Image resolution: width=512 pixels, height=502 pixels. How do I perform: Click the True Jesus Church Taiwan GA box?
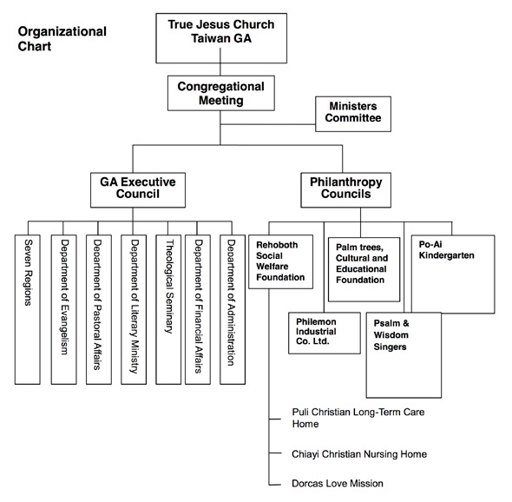click(x=221, y=38)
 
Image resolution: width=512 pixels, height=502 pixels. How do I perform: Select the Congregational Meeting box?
click(x=221, y=93)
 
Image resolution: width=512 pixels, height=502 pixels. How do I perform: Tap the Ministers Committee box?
click(x=353, y=114)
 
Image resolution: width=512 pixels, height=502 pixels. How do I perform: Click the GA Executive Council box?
click(x=138, y=190)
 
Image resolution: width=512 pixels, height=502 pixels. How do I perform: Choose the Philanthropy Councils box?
click(x=345, y=190)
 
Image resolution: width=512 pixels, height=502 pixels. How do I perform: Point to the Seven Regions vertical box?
click(x=28, y=309)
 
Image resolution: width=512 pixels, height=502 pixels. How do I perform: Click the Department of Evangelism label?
click(x=64, y=297)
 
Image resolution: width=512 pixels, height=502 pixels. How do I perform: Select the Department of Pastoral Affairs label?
click(x=97, y=305)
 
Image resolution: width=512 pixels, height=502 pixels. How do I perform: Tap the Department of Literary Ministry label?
click(x=135, y=307)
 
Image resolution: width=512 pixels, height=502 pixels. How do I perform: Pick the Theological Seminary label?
click(x=169, y=287)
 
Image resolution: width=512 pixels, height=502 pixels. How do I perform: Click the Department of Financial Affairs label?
click(x=198, y=307)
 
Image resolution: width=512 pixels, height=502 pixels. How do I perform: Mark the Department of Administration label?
click(x=231, y=302)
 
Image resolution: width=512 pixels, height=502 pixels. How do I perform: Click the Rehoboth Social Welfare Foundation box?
click(x=281, y=261)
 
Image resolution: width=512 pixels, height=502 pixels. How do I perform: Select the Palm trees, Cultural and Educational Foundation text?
click(x=362, y=263)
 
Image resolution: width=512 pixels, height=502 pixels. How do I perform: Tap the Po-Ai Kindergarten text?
click(x=446, y=249)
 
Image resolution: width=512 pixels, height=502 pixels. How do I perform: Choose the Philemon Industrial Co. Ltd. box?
click(x=325, y=333)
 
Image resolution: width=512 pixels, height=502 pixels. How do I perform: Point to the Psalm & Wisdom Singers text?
click(x=391, y=335)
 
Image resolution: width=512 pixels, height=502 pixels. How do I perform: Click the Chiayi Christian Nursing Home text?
click(x=359, y=454)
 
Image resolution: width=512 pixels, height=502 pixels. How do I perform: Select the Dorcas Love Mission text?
click(x=338, y=484)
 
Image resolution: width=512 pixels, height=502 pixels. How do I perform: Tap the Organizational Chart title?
click(x=62, y=38)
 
